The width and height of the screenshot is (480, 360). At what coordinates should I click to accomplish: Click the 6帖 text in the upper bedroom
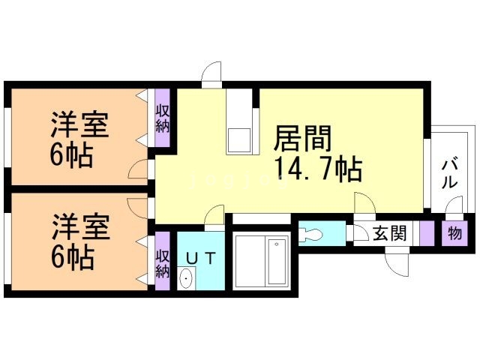pyautogui.click(x=72, y=155)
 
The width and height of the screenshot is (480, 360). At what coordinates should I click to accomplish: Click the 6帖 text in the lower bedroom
pyautogui.click(x=72, y=257)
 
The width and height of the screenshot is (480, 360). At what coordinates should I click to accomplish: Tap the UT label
pyautogui.click(x=200, y=258)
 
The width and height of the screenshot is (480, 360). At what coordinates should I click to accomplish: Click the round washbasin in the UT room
pyautogui.click(x=185, y=280)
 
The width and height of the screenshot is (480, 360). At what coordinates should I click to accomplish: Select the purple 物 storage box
pyautogui.click(x=454, y=233)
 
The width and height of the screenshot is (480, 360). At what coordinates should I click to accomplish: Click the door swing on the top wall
pyautogui.click(x=213, y=73)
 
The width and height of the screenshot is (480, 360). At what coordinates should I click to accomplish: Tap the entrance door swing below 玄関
pyautogui.click(x=395, y=262)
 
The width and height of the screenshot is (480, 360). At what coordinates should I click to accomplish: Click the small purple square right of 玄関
pyautogui.click(x=427, y=233)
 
